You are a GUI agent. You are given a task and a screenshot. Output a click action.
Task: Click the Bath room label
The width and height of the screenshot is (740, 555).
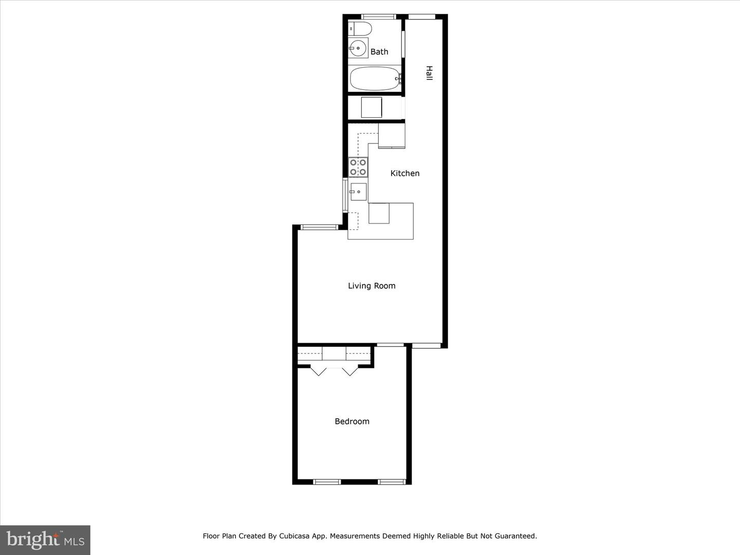[x=379, y=51]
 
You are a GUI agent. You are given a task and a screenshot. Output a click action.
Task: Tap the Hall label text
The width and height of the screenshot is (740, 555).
[x=429, y=72]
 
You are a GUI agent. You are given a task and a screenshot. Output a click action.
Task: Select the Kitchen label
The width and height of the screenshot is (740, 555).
[x=405, y=173]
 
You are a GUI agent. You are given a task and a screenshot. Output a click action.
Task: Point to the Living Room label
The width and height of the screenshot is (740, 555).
[x=372, y=286]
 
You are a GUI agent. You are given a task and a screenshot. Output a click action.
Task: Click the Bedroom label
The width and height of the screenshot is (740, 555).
[x=352, y=421]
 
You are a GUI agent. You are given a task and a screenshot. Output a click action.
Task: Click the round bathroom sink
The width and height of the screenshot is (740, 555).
[x=357, y=48]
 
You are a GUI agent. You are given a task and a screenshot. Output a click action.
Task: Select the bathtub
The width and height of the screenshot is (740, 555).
[x=375, y=79]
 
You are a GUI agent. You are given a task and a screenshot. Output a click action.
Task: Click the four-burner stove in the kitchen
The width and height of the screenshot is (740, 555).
[x=358, y=167]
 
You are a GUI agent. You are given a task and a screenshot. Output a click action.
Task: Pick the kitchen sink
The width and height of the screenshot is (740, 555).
[x=358, y=192]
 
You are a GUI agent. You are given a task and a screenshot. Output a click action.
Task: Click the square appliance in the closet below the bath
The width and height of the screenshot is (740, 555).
[x=371, y=107]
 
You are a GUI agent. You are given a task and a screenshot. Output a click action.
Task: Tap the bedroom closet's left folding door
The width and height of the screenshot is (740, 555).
[x=319, y=371]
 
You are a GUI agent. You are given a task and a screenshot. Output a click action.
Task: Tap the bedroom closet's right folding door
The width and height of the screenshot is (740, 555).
[x=349, y=371]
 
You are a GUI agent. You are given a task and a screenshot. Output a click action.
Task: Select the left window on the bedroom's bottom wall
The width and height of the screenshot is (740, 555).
[x=327, y=482]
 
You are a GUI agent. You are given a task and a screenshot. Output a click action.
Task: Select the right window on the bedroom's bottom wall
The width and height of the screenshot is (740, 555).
[x=392, y=482]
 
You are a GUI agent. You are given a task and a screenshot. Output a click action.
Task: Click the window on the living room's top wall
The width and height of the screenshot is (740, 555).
[x=318, y=227]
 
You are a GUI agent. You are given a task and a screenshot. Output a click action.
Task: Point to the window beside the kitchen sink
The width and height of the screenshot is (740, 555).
[x=345, y=195]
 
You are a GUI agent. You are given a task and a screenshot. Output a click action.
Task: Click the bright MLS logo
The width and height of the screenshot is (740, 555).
[x=45, y=540]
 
